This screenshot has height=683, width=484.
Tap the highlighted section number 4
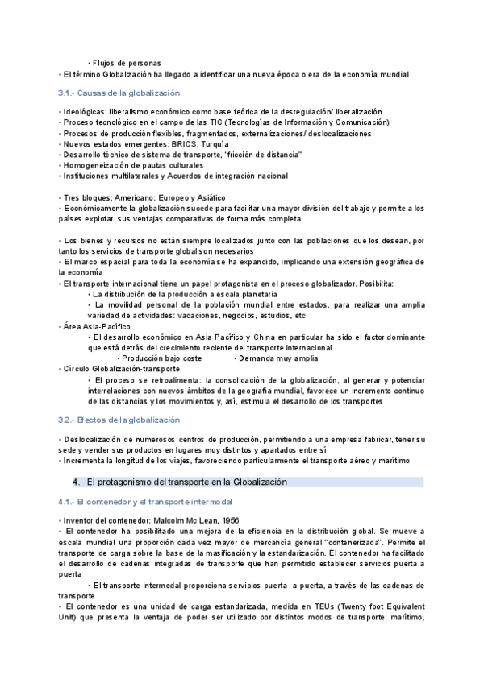[76, 482]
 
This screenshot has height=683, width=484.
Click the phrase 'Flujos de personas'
[127, 63]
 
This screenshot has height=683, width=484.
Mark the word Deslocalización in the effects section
[93, 439]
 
